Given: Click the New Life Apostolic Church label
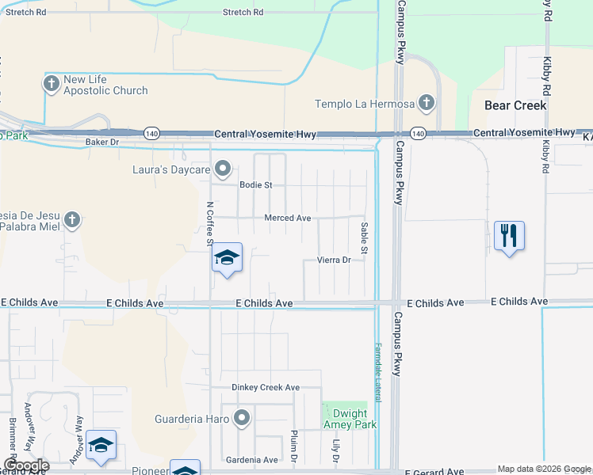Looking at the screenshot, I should (x=105, y=85).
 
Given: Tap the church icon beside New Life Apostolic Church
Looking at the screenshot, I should (x=52, y=83).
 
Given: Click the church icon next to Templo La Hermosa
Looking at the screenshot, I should (x=427, y=102).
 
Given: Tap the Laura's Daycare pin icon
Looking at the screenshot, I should (x=224, y=168).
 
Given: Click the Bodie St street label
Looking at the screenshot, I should (x=255, y=185).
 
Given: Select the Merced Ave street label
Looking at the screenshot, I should (x=287, y=218).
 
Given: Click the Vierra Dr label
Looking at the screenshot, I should (x=334, y=260).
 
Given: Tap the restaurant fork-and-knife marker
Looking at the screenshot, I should (x=509, y=236).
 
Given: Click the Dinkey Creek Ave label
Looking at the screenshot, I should (x=266, y=387).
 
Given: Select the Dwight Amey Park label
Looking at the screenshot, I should (x=349, y=419).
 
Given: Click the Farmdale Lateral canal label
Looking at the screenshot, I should (x=378, y=372).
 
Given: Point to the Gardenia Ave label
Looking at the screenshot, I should (x=252, y=460).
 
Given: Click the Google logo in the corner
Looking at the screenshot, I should (x=26, y=465).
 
